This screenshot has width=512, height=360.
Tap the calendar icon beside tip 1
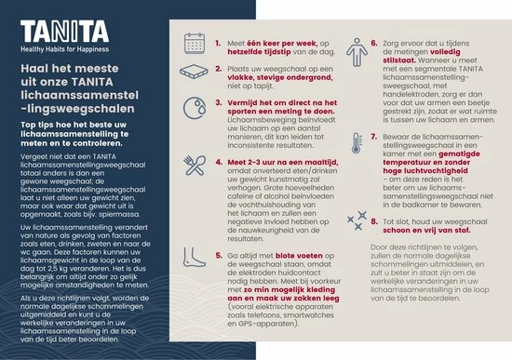point(194,43)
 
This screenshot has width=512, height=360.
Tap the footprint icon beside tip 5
point(194,257)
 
